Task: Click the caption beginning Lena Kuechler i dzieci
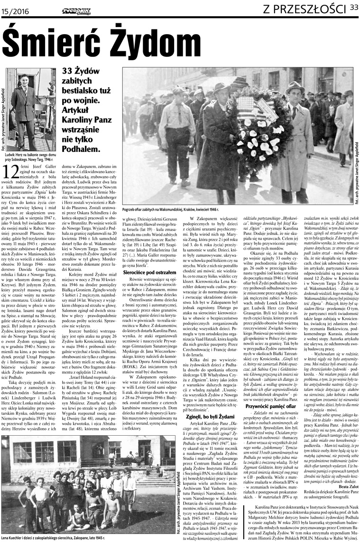(x=52, y=538)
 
